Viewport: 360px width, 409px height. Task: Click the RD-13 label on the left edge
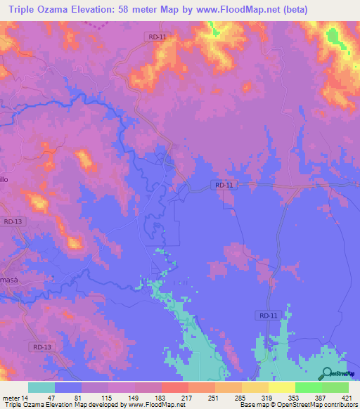click(x=13, y=221)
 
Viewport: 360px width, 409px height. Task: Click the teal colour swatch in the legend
click(x=41, y=387)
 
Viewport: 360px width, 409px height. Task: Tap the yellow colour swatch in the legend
click(x=281, y=387)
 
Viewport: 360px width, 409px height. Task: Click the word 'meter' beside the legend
click(x=11, y=397)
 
